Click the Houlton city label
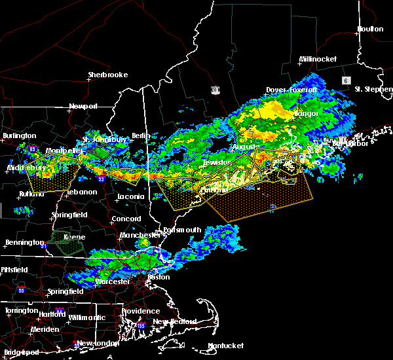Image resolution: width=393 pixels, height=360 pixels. pos(369,29)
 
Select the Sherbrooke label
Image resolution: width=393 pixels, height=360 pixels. pos(108,75)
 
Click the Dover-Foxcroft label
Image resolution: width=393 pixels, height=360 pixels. pos(291,90)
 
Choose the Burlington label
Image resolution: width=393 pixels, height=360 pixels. pos(20,135)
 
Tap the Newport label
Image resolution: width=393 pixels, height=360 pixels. pos(83,106)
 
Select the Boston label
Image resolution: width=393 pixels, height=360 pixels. pos(159,277)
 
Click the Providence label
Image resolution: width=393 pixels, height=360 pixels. pos(140,312)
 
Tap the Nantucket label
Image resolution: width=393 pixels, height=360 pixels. pos(225,346)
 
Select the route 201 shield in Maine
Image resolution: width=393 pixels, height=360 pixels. pos(215,89)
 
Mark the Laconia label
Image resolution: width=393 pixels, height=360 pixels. pos(130,196)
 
